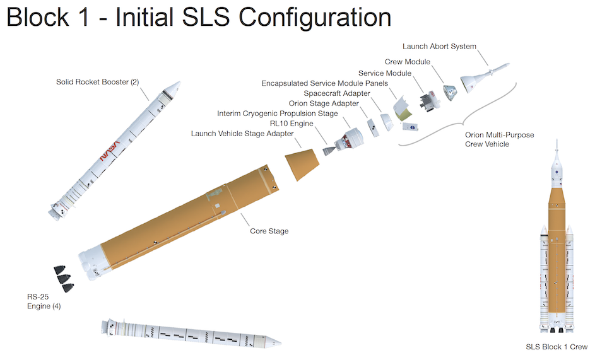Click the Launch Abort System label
[x=439, y=47]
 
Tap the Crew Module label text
[x=407, y=62]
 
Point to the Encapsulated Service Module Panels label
[x=325, y=84]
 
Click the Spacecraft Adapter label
[x=337, y=94]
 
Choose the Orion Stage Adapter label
[x=324, y=103]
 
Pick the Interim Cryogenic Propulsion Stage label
[x=278, y=113]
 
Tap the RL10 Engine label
[x=292, y=124]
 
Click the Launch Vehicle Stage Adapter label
[x=242, y=134]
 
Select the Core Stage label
[x=269, y=231]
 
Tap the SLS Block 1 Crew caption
[x=557, y=347]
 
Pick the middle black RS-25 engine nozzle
[x=63, y=277]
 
